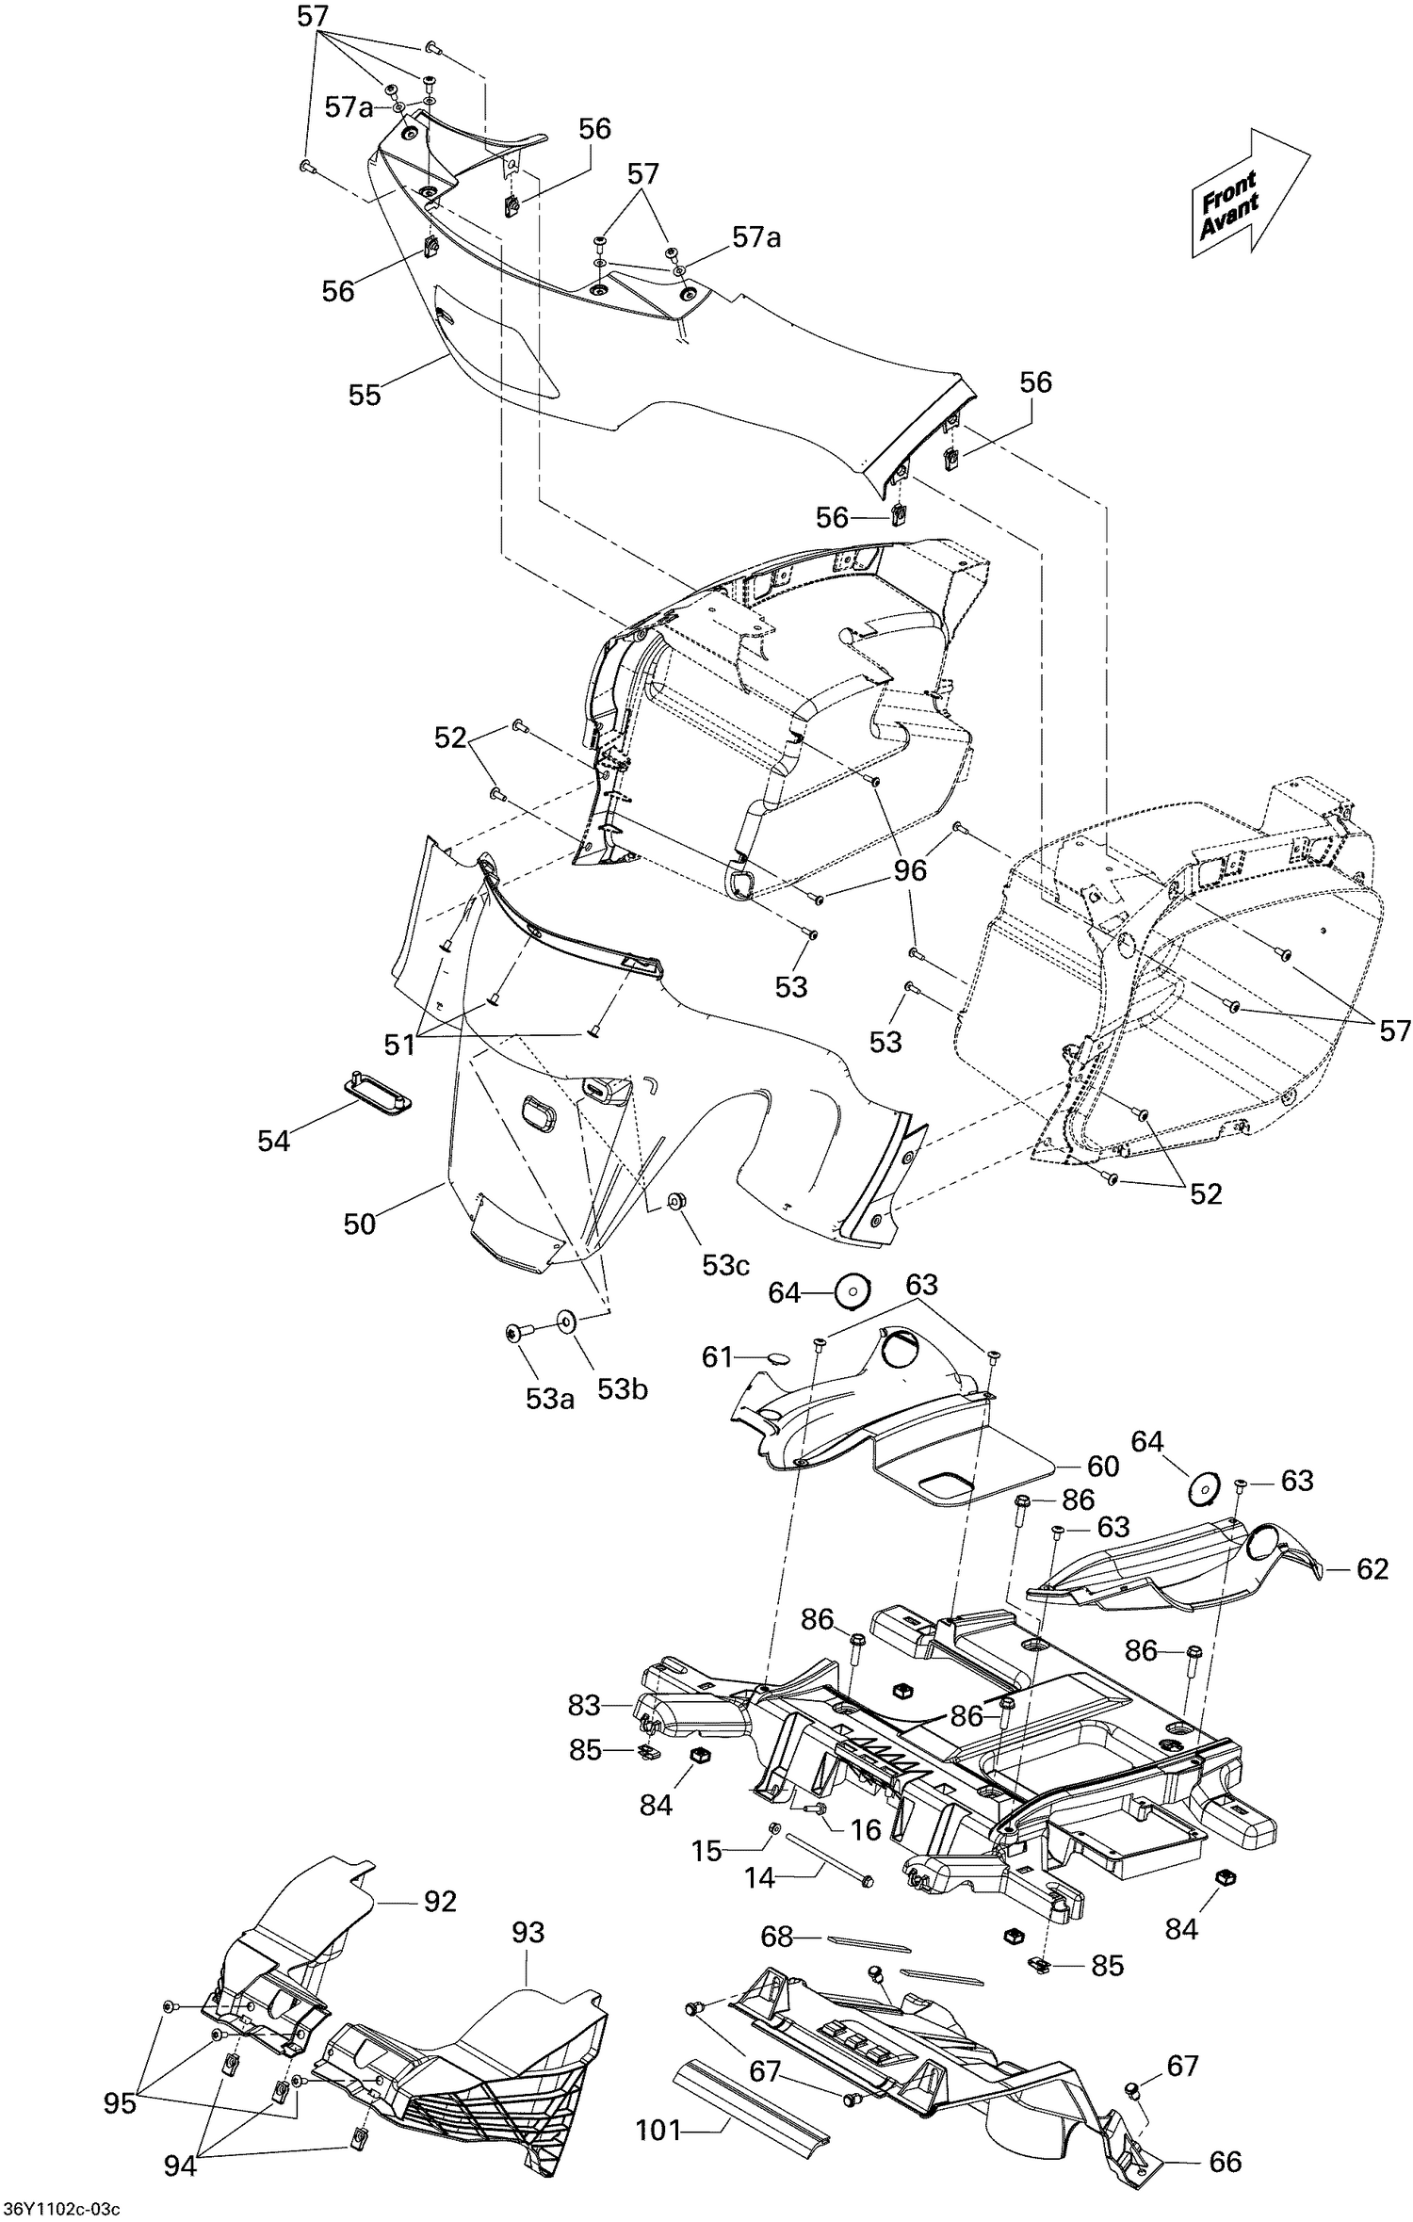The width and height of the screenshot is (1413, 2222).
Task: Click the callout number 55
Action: pyautogui.click(x=365, y=395)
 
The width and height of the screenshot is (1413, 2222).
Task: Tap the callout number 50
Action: pyautogui.click(x=360, y=1224)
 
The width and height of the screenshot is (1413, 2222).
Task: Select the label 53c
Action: pyautogui.click(x=725, y=1265)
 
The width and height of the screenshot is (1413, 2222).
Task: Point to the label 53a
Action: pyautogui.click(x=549, y=1399)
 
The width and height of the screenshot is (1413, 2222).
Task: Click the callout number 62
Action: pyautogui.click(x=1372, y=1568)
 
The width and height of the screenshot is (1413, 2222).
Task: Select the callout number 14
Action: pyautogui.click(x=759, y=1878)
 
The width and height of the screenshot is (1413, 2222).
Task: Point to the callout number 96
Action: pyautogui.click(x=910, y=870)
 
